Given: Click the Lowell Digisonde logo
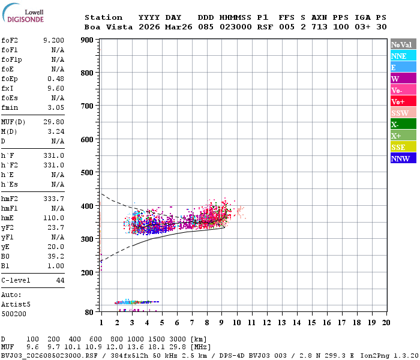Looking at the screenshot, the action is tap(23, 13).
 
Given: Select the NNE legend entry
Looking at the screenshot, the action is tap(403, 56).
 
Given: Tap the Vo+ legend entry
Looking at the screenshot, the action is tap(403, 101).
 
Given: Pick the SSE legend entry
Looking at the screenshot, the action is tap(403, 147).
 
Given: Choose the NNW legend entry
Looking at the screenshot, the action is tap(403, 158).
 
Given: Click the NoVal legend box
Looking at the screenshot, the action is tap(403, 44).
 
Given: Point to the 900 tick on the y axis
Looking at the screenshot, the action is tap(87, 40).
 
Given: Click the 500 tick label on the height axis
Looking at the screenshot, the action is tap(87, 173).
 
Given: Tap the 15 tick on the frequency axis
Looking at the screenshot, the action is tap(311, 322).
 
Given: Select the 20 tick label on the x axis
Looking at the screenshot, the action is tap(386, 322).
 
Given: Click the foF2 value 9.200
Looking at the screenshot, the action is tap(53, 40).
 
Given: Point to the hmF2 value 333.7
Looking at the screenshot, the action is tap(53, 199).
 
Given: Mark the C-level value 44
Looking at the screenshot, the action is tap(60, 280).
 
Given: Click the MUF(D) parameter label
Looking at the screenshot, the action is tap(13, 122).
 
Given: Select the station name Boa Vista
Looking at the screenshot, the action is tap(109, 27).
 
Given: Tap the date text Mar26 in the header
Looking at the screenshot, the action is tap(179, 27).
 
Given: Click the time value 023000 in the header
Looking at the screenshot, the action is tap(236, 27).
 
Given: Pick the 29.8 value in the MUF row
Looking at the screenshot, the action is tap(178, 347).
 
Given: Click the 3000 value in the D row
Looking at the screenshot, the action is tap(178, 339).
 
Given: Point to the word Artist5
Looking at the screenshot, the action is tap(16, 304).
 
